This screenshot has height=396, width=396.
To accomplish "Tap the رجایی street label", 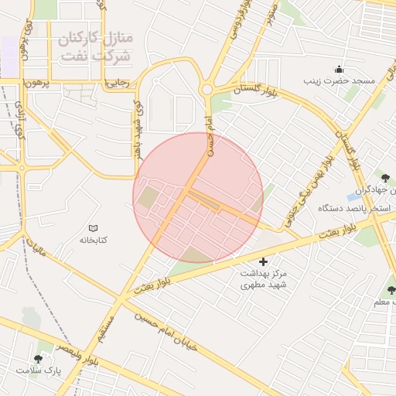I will point(116,82).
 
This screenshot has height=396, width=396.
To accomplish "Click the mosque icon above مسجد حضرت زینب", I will point(339,68).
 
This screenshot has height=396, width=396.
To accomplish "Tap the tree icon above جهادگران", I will point(384,178).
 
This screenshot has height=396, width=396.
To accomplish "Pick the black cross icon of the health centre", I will point(263,262).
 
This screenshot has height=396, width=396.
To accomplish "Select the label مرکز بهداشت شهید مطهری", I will point(263,280).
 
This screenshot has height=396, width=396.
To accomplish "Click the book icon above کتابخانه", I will point(94,228).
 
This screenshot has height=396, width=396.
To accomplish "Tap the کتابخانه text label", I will point(93,240).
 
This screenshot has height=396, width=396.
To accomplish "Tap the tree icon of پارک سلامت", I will point(38,358).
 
